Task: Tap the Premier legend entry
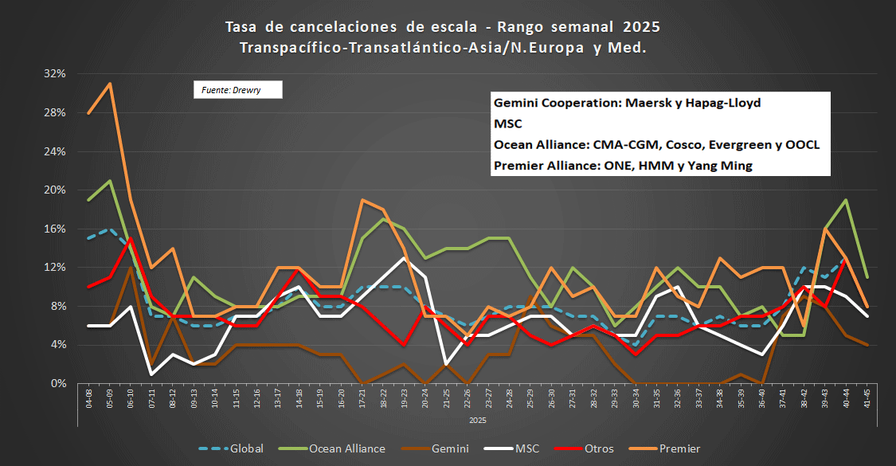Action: (679, 448)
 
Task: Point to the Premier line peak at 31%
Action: (110, 83)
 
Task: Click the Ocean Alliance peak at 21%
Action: (110, 180)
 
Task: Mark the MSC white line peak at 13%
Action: (404, 257)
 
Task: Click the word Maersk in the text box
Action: (647, 104)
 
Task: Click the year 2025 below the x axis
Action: (477, 419)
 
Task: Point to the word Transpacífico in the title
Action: (288, 48)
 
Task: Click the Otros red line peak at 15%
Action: (131, 238)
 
